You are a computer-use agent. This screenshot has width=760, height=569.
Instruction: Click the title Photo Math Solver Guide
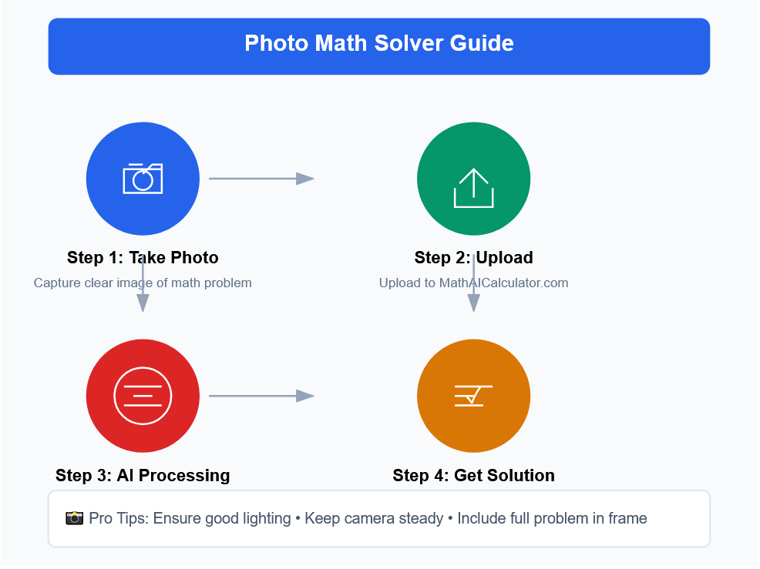[379, 43]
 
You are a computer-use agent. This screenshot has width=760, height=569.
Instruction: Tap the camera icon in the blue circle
[143, 179]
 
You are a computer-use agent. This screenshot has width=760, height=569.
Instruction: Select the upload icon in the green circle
[473, 188]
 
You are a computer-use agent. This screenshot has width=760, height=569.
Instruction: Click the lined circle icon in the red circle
[143, 396]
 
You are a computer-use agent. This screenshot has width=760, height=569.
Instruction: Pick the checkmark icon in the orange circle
[473, 396]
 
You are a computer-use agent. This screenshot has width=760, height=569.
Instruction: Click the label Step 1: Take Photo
[143, 258]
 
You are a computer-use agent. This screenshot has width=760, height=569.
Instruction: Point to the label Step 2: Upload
[473, 258]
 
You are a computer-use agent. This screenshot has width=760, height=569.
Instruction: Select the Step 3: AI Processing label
[143, 476]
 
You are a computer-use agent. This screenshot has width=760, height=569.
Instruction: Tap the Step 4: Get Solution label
[473, 476]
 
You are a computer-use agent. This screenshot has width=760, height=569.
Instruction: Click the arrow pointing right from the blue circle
[262, 179]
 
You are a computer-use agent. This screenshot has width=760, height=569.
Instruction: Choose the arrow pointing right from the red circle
[262, 396]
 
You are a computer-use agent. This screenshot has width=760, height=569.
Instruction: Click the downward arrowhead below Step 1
[143, 303]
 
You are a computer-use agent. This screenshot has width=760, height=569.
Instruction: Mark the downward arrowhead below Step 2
[473, 303]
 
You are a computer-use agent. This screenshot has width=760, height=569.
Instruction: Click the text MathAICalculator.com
[503, 283]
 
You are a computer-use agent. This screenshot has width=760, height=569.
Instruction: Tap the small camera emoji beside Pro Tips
[74, 518]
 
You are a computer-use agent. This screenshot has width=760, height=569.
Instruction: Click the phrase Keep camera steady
[374, 519]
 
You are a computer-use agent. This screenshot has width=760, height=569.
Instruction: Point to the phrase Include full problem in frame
[552, 519]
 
